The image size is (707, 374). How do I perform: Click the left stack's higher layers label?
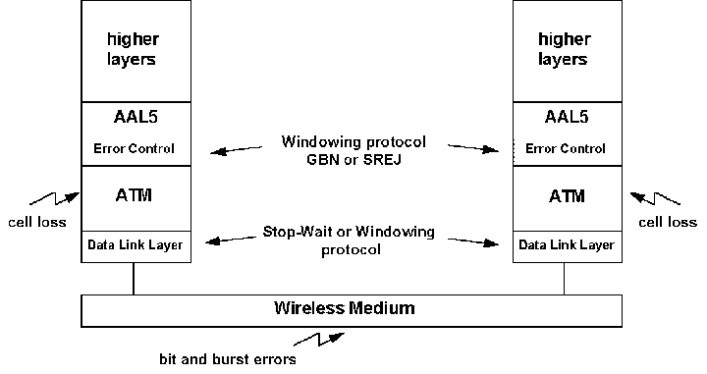[x=132, y=50]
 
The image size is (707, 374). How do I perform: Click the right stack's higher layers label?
[x=564, y=50]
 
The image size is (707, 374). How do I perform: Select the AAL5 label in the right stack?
[x=564, y=116]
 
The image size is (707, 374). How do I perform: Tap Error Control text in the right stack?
[x=564, y=149]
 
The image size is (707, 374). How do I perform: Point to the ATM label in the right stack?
[x=564, y=195]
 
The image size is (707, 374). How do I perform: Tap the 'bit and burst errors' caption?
[x=228, y=359]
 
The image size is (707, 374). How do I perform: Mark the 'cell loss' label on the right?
[x=668, y=222]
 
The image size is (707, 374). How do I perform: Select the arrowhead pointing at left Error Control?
[x=214, y=151]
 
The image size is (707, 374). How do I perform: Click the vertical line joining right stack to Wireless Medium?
[x=564, y=279]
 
